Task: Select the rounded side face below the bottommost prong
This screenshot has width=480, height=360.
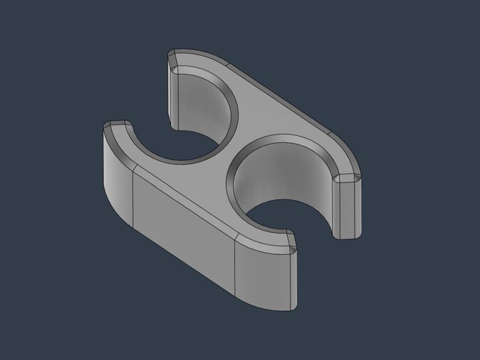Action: [x=264, y=276]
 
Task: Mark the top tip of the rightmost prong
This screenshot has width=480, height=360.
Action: [x=347, y=178]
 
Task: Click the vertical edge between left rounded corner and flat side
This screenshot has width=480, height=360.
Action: [x=132, y=198]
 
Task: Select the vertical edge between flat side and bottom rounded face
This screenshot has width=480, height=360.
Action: [x=234, y=270]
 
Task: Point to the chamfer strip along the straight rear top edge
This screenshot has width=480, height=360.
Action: [x=282, y=99]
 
